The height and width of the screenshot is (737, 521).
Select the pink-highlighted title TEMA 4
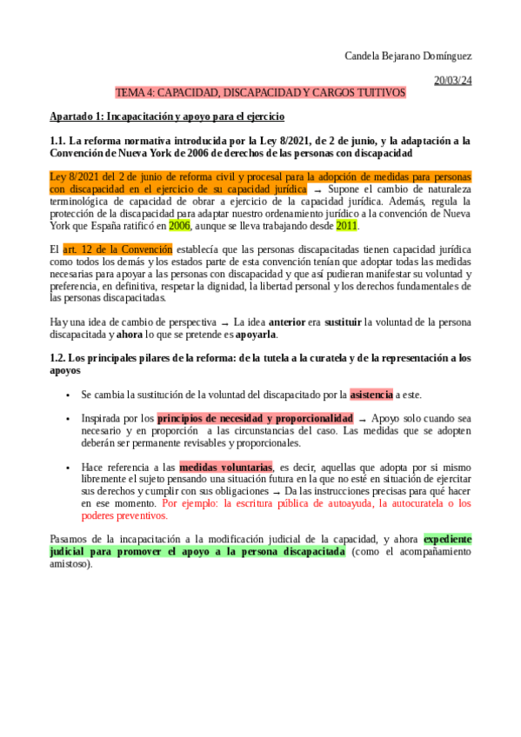260,92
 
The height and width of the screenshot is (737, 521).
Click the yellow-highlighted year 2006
179,225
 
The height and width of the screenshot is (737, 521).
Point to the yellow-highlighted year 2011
346,225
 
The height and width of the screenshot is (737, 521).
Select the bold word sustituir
343,322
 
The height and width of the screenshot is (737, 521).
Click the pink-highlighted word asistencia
371,394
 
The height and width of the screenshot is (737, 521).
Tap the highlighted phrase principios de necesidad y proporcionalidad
255,418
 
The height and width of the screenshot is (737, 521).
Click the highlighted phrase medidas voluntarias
225,467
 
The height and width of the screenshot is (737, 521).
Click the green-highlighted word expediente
447,539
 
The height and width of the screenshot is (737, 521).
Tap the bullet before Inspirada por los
68,419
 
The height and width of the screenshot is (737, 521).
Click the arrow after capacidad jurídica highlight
317,189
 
